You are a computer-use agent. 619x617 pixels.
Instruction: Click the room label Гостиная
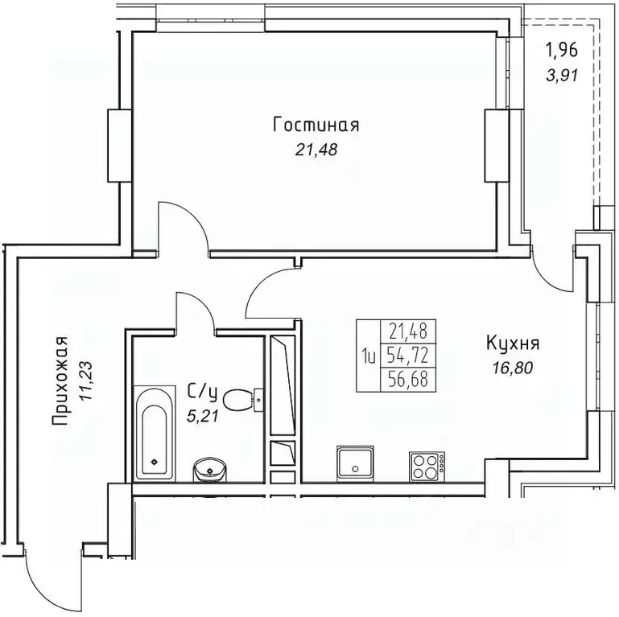click(x=315, y=125)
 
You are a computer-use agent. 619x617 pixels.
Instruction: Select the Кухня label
click(x=512, y=345)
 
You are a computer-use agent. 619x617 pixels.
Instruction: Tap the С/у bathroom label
click(x=203, y=393)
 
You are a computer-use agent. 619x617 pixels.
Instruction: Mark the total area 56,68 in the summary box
click(x=409, y=377)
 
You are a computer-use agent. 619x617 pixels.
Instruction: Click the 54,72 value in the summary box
click(x=409, y=354)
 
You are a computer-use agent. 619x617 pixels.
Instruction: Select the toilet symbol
click(x=240, y=397)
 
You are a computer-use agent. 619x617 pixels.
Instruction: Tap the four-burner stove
click(x=427, y=464)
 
